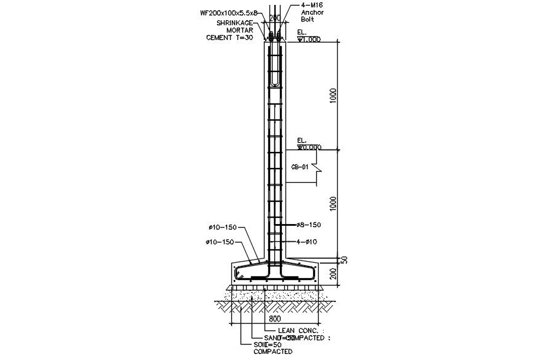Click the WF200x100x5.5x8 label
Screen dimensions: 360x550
pyautogui.click(x=228, y=12)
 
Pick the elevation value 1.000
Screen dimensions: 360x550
pyautogui.click(x=310, y=39)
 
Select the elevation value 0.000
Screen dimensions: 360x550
pyautogui.click(x=310, y=148)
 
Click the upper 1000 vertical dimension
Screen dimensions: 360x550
pyautogui.click(x=333, y=96)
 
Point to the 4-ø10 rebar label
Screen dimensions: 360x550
pyautogui.click(x=306, y=242)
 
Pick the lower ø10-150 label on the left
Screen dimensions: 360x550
pyautogui.click(x=220, y=242)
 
